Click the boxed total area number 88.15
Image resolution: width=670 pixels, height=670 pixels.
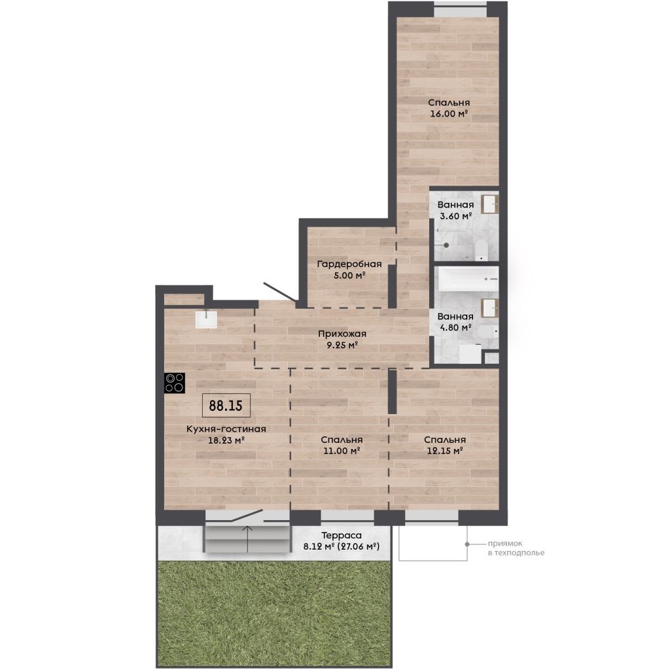pyautogui.click(x=226, y=405)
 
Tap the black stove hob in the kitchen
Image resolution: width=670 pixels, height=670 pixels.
pyautogui.click(x=174, y=383)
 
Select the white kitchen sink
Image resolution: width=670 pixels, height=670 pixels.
pyautogui.click(x=206, y=319)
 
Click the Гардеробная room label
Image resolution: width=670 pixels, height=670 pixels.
pyautogui.click(x=349, y=264)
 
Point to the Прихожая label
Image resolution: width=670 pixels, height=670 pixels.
pyautogui.click(x=342, y=334)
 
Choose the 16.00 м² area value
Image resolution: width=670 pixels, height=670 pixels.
pyautogui.click(x=449, y=114)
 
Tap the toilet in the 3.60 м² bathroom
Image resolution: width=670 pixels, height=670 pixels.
pyautogui.click(x=482, y=249)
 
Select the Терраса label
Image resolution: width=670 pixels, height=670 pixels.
pyautogui.click(x=342, y=535)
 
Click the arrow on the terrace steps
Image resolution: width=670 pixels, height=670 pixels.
pyautogui.click(x=248, y=539)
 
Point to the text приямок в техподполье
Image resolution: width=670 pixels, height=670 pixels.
pyautogui.click(x=516, y=548)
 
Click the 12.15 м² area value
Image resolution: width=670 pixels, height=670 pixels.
pyautogui.click(x=445, y=451)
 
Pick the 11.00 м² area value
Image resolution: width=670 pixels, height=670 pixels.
pyautogui.click(x=342, y=451)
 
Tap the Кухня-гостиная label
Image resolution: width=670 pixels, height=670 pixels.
pyautogui.click(x=226, y=429)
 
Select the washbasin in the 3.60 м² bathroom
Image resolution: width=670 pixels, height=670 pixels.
pyautogui.click(x=489, y=205)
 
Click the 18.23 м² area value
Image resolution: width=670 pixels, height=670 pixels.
pyautogui.click(x=226, y=440)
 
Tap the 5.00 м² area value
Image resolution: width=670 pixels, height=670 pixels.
pyautogui.click(x=349, y=275)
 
